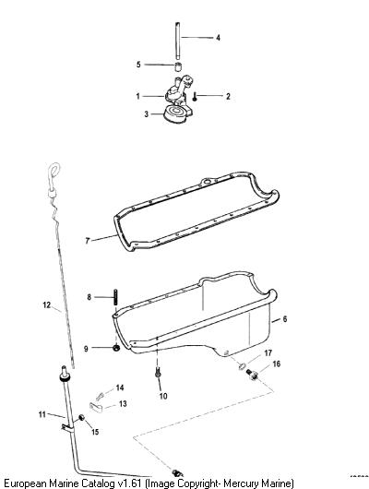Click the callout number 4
pos(218,38)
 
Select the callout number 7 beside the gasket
pos(88,241)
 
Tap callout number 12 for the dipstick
pos(47,304)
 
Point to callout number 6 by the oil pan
pos(284,319)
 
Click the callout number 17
pos(268,353)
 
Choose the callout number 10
pos(163,396)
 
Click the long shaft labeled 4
pos(178,41)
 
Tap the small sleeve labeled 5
pos(178,66)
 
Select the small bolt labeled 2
pos(195,97)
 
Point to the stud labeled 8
pos(115,298)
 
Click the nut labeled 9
pos(116,348)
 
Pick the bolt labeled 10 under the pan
pos(158,372)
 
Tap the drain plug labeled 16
pos(253,375)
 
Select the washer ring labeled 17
pos(242,366)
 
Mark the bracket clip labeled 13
pos(96,407)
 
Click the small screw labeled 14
pos(100,397)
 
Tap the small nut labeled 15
pos(82,418)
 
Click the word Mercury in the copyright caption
pos(242,483)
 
